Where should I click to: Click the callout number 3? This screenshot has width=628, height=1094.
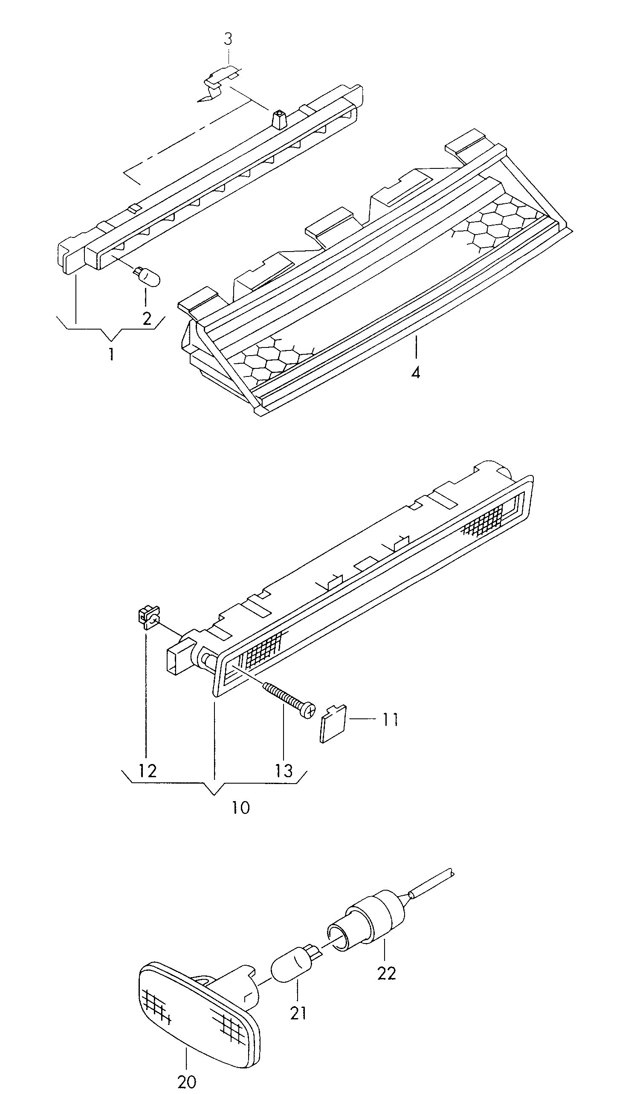(x=228, y=39)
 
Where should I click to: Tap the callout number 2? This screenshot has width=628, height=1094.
(x=147, y=318)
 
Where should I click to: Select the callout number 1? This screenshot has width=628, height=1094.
(x=111, y=354)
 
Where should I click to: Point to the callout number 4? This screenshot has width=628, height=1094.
(x=415, y=372)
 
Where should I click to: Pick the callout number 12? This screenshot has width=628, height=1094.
(x=147, y=770)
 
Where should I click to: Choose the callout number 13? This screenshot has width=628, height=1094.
(x=284, y=770)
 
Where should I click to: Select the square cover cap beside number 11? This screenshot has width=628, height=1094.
(x=333, y=723)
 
